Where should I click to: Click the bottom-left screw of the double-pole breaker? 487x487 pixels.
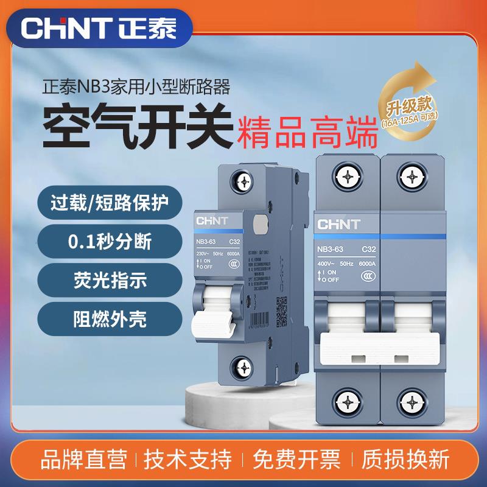(x=347, y=402)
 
